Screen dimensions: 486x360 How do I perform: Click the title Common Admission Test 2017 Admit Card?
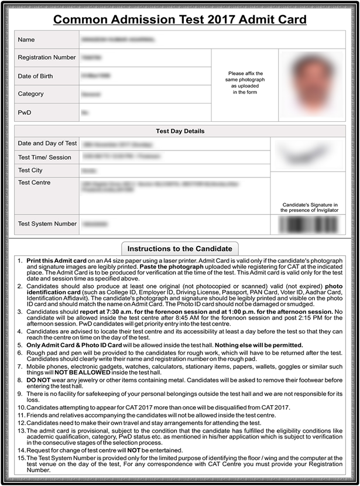click(180, 19)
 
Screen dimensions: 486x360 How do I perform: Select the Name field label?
click(26, 39)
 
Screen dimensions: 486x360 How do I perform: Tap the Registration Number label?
click(47, 57)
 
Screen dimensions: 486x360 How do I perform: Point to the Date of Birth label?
click(38, 76)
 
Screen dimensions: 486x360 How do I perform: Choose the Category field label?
click(31, 94)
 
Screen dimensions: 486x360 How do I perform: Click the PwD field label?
click(25, 111)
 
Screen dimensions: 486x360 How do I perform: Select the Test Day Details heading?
click(180, 131)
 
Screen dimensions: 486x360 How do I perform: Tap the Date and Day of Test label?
click(47, 143)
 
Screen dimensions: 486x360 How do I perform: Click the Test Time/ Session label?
click(44, 157)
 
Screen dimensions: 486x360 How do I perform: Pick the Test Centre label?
click(35, 183)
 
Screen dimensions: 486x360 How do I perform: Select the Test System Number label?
click(47, 224)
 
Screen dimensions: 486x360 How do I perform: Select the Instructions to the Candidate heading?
click(180, 248)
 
